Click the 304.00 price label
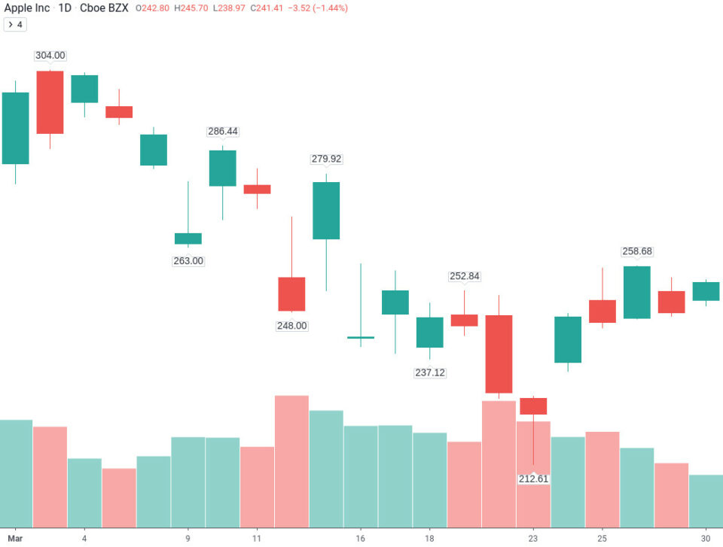coord(50,56)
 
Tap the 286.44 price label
coord(223,131)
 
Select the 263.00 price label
coord(188,261)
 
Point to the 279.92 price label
coord(326,159)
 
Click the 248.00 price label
coord(292,326)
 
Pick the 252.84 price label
coord(465,276)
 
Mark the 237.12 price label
coord(430,372)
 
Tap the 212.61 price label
coord(533,479)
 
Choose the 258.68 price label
coord(637,251)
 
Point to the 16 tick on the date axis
coord(361,539)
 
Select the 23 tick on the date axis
coord(533,539)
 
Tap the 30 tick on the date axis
coord(706,539)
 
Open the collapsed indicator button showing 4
coord(15,24)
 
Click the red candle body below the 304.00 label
coord(50,102)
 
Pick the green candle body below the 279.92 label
coord(326,211)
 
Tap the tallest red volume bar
coord(291,460)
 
